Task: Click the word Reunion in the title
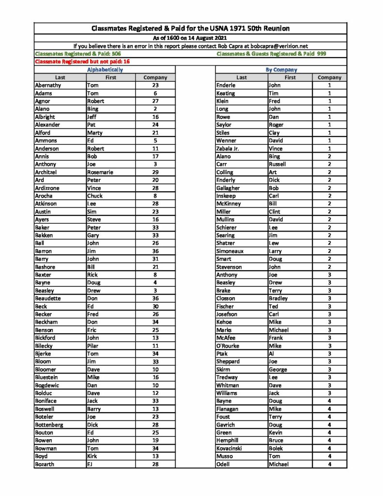[x=273, y=29]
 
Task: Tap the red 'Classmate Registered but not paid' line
[x=82, y=62]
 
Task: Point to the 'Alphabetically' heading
[x=105, y=70]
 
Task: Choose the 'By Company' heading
[x=281, y=70]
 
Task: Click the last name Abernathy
[x=50, y=85]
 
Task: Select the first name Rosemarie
[x=101, y=172]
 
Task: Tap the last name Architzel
[x=46, y=172]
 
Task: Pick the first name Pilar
[x=92, y=346]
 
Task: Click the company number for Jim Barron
[x=155, y=251]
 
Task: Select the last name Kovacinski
[x=232, y=448]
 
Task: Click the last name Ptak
[x=222, y=354]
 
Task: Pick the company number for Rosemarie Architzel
[x=155, y=172]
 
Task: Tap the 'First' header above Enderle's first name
[x=290, y=77]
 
